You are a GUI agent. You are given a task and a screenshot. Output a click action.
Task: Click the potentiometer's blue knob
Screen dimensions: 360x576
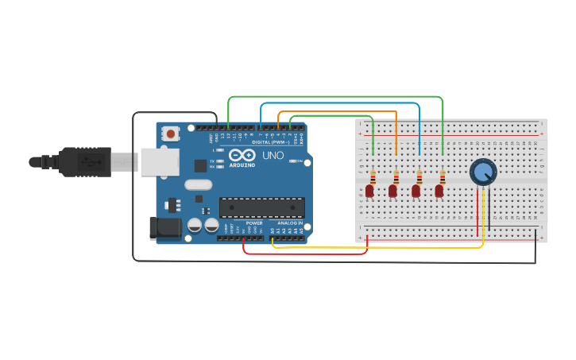[x=482, y=171]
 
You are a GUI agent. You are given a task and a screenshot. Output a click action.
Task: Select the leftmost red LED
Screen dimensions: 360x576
[x=369, y=191]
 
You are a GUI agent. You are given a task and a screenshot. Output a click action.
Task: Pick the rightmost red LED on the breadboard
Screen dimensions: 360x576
[x=439, y=191]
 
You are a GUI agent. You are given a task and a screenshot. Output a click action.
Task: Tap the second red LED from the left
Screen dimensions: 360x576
[x=392, y=191]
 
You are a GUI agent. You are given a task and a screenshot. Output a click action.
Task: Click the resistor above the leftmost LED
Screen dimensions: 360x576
[x=373, y=176]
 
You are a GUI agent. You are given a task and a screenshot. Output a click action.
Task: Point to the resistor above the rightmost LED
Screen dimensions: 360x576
[x=443, y=176]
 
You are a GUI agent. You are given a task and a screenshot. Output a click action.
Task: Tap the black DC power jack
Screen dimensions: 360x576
[x=165, y=227]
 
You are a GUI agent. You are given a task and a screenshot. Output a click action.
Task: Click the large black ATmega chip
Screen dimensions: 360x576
[x=262, y=207]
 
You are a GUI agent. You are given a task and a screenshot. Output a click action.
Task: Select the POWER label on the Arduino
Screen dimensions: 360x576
[x=254, y=223]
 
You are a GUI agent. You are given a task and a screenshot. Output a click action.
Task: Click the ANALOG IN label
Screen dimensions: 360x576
[x=290, y=223]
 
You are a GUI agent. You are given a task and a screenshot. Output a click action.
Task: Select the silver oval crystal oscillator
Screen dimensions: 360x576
[x=198, y=184]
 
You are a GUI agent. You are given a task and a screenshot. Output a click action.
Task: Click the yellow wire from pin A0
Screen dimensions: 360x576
[x=381, y=247]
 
